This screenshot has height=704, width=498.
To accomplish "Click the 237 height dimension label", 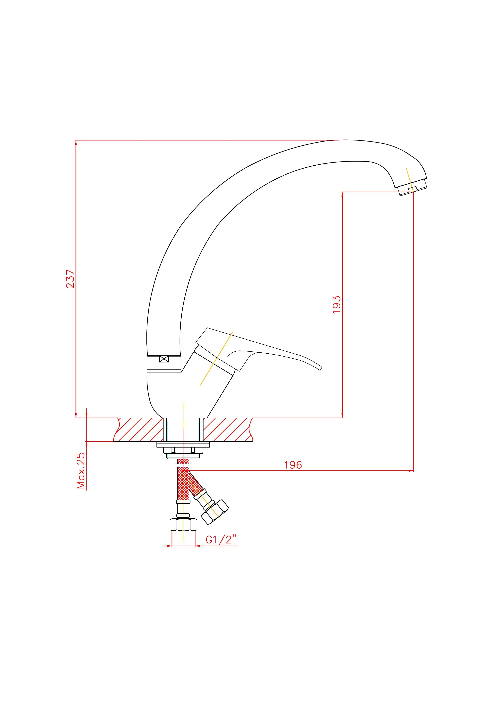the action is point(71,279).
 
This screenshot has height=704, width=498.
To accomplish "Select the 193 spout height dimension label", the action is point(337,304).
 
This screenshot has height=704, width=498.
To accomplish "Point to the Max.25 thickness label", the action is point(81,470).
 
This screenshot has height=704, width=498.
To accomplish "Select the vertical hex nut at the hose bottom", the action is point(183,524).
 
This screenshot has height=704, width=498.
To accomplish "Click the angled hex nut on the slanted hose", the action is point(215,512).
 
